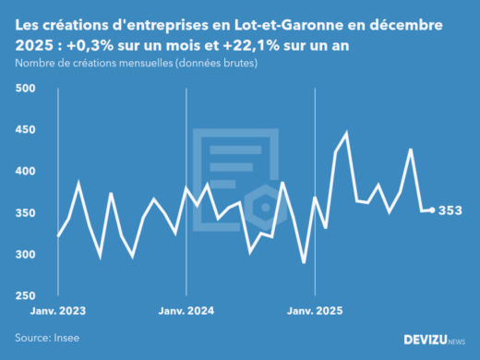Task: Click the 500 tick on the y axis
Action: (x=25, y=89)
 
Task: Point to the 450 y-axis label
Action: (x=25, y=130)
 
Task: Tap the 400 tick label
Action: (x=25, y=172)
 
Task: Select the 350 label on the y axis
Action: (x=25, y=213)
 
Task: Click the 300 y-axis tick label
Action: (x=25, y=255)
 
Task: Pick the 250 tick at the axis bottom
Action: (x=25, y=296)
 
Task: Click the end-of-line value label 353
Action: (x=450, y=211)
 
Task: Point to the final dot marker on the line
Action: (x=432, y=210)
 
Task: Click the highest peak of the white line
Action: (x=346, y=133)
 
